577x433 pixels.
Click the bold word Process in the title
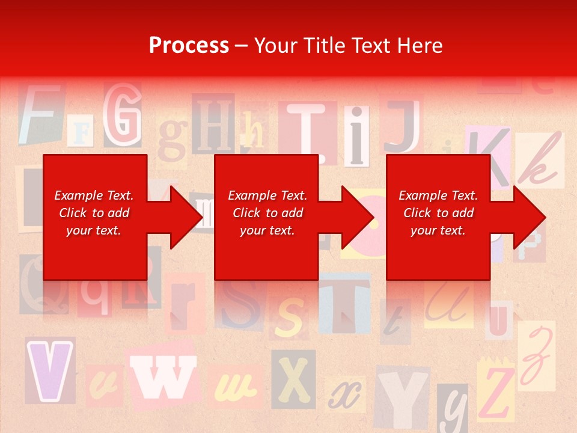coord(189,46)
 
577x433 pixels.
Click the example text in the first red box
coord(94,213)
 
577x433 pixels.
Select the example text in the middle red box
coord(267,213)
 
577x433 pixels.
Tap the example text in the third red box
coord(438,213)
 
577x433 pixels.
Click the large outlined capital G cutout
coord(122,114)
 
